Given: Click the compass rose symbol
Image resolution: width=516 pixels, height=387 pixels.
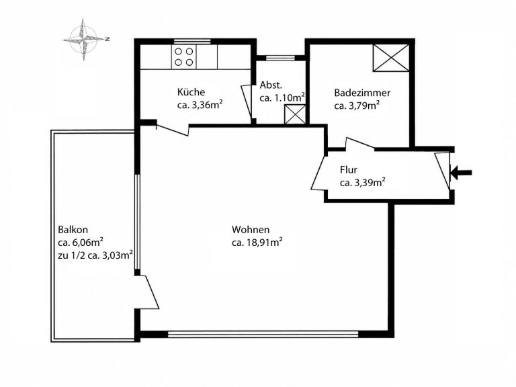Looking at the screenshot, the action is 83,40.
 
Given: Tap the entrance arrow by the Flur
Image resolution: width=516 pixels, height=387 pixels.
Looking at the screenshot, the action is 462,173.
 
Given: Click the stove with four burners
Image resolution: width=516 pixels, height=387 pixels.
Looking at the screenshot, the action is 183,57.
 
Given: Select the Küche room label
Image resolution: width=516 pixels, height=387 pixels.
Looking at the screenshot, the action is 191,92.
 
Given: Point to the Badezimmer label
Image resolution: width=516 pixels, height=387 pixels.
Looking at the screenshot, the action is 362,93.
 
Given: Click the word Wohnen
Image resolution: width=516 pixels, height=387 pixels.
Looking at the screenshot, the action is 251,229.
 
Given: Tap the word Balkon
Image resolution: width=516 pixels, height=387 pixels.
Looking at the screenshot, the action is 73,229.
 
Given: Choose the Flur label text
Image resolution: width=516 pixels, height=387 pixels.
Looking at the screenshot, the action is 349,170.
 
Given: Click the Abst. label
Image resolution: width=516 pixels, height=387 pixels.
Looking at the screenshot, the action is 271,85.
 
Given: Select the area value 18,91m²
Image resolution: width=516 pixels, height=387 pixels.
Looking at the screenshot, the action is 263,243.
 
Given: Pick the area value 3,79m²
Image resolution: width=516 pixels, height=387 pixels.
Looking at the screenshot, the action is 362,105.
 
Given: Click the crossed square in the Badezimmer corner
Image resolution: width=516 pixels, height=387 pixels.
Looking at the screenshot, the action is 391,58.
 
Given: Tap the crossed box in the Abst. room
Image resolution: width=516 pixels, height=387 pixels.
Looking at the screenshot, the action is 295,114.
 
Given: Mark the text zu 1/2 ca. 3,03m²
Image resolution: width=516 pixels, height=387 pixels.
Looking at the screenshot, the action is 95,255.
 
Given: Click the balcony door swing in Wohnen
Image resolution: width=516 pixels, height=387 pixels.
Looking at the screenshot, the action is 147,292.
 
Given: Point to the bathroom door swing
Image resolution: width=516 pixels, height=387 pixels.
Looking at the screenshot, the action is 359,144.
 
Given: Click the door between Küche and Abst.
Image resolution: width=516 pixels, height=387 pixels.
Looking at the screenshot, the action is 247,103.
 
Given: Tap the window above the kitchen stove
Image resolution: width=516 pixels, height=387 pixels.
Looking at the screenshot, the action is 192,41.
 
